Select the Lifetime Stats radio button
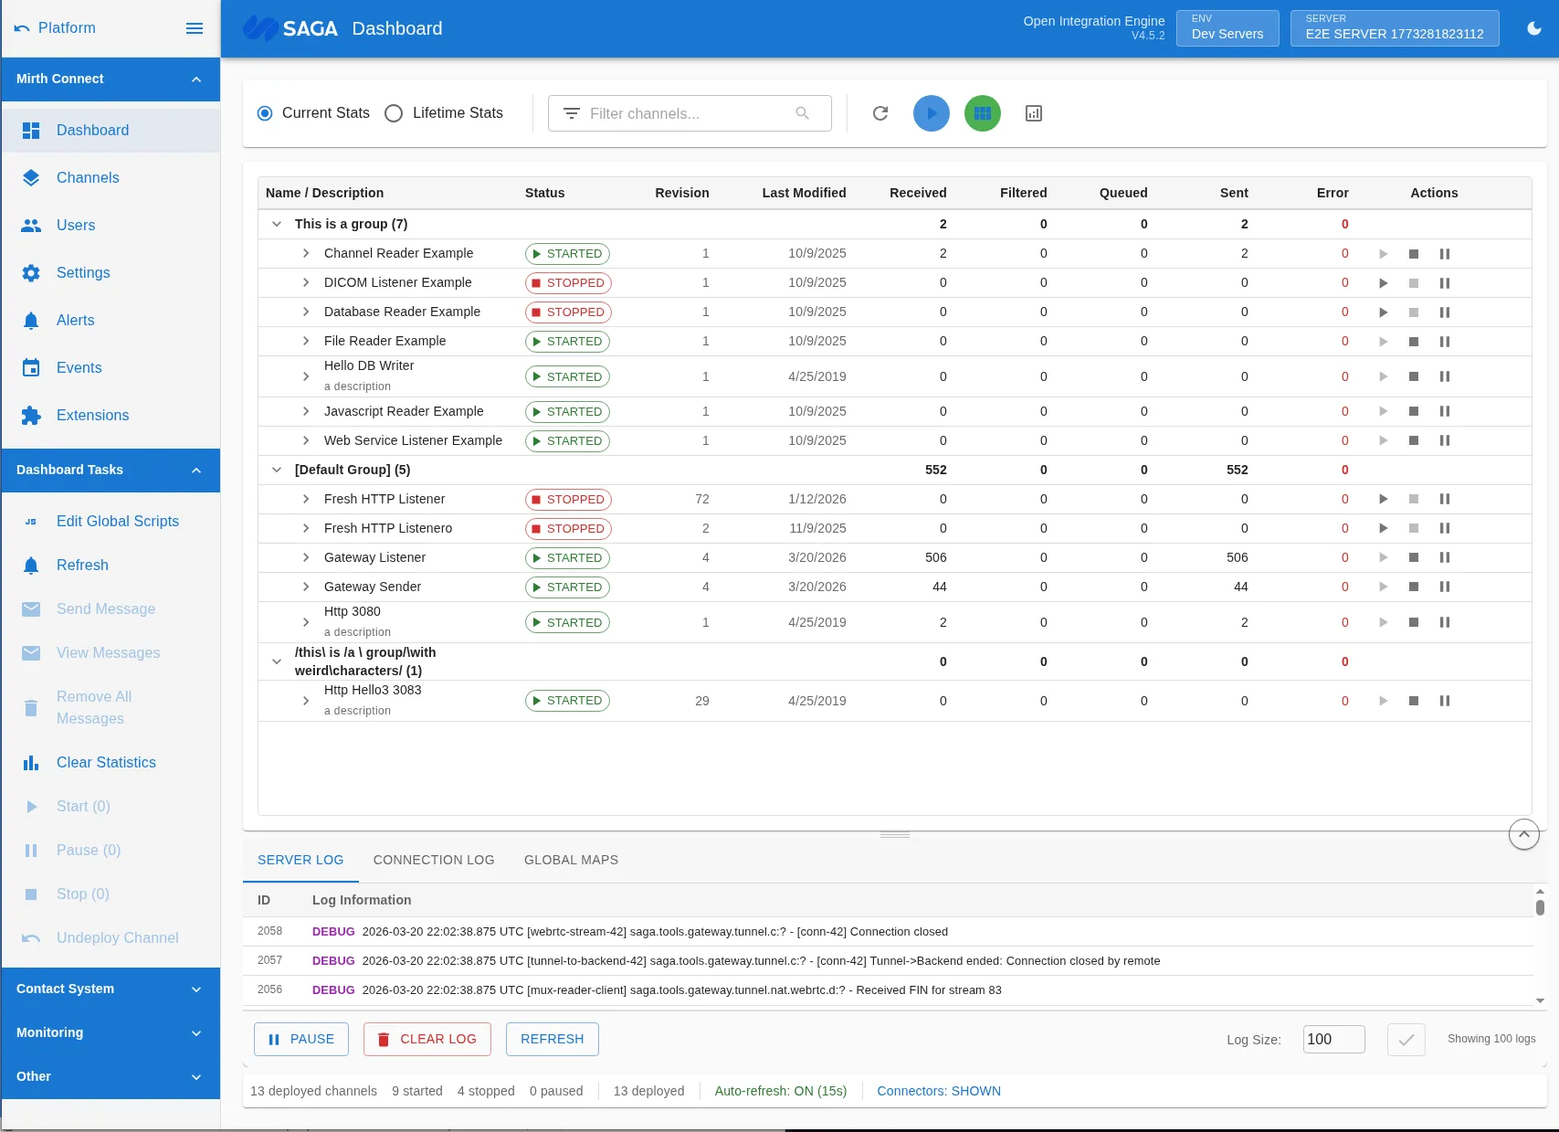(x=394, y=113)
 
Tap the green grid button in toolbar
(x=983, y=113)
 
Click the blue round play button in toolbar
(x=932, y=113)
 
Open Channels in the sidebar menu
(x=88, y=178)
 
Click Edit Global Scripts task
(x=117, y=522)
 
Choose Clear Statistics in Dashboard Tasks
(x=106, y=763)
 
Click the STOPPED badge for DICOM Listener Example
(x=568, y=283)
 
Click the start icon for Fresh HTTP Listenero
(x=1384, y=528)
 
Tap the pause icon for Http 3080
(x=1445, y=622)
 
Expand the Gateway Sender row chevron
(x=306, y=587)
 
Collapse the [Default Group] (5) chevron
(x=277, y=470)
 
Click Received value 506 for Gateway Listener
(x=935, y=557)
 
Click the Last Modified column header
(x=804, y=193)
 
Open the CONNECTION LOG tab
(x=434, y=860)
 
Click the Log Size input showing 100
(x=1333, y=1039)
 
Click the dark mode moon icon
(x=1534, y=28)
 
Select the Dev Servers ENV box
(x=1227, y=28)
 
